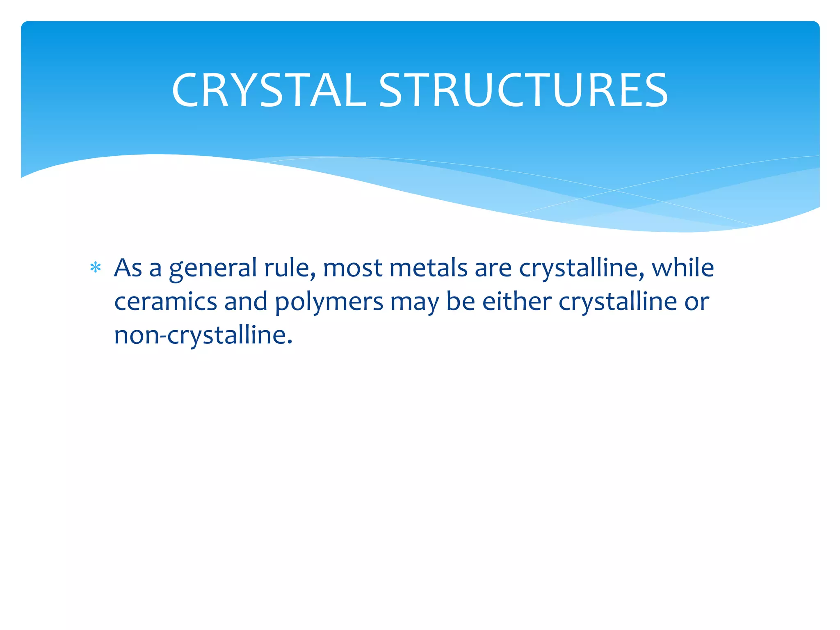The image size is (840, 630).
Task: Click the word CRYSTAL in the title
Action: point(269,90)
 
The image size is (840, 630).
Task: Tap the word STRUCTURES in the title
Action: point(523,90)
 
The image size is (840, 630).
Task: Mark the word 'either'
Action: point(517,301)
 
